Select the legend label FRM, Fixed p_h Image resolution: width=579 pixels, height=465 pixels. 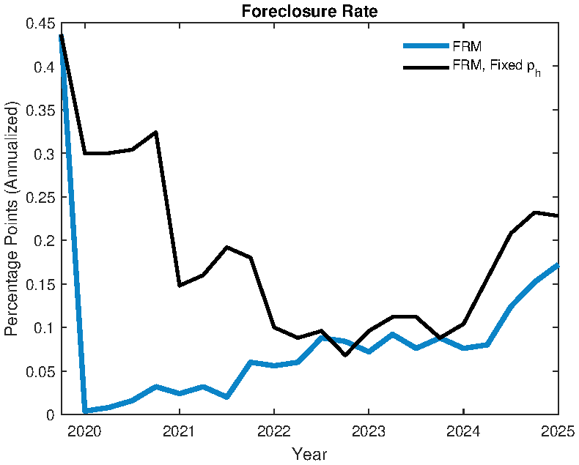(x=495, y=68)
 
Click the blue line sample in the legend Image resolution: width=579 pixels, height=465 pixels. (x=425, y=45)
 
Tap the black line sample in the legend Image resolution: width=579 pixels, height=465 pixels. (x=425, y=67)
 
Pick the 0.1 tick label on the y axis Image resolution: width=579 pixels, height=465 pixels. (x=44, y=328)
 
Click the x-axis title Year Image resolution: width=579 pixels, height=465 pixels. (x=309, y=454)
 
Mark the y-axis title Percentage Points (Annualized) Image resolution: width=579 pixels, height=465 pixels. (x=12, y=219)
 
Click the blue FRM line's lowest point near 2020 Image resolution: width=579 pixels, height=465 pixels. (x=85, y=411)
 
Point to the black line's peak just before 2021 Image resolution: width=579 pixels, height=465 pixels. (x=156, y=133)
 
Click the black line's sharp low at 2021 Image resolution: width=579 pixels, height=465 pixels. (x=180, y=285)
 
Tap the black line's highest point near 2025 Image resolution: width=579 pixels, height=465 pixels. (x=534, y=212)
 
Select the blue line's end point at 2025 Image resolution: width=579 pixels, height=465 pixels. (x=558, y=265)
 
